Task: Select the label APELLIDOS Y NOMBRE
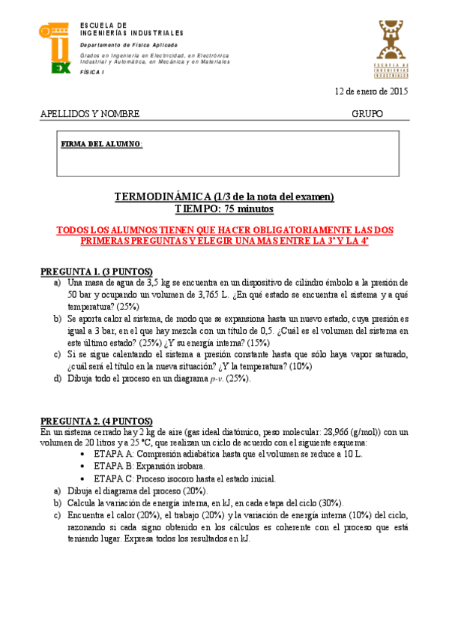click(89, 114)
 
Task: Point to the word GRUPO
click(367, 114)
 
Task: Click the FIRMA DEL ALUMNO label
click(91, 144)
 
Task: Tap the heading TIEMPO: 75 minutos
click(224, 208)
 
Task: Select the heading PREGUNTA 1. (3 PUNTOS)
click(95, 271)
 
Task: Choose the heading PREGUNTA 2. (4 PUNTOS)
click(95, 421)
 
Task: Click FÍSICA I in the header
click(94, 70)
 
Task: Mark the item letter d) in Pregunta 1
click(58, 379)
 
